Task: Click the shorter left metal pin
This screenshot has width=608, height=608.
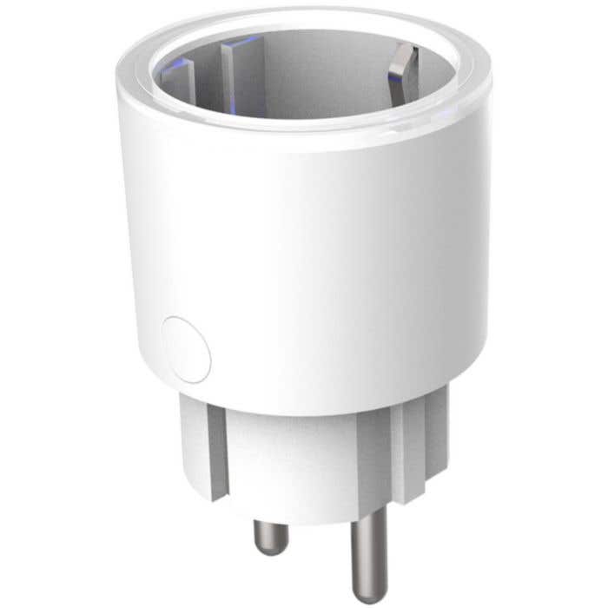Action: [264, 531]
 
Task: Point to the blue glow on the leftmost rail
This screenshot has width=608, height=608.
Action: [182, 65]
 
